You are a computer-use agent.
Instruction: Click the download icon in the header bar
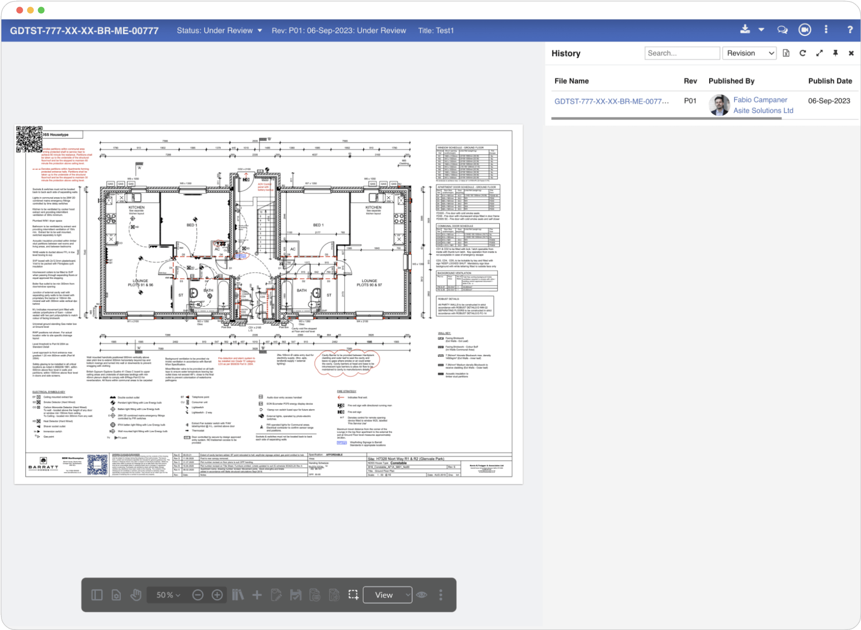pyautogui.click(x=745, y=30)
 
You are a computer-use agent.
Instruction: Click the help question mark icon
pyautogui.click(x=850, y=30)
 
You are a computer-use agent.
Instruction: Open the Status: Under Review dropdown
pyautogui.click(x=220, y=31)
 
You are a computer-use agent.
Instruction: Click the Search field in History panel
pyautogui.click(x=682, y=53)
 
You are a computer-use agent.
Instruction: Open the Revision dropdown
pyautogui.click(x=750, y=53)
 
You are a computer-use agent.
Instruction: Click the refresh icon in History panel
pyautogui.click(x=803, y=53)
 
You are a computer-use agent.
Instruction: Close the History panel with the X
pyautogui.click(x=851, y=53)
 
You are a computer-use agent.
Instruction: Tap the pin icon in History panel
pyautogui.click(x=835, y=53)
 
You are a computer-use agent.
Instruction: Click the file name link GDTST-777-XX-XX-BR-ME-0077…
pyautogui.click(x=611, y=101)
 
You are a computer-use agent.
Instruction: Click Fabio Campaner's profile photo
pyautogui.click(x=719, y=105)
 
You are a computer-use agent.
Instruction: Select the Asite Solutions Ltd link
pyautogui.click(x=763, y=111)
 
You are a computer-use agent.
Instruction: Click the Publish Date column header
pyautogui.click(x=830, y=81)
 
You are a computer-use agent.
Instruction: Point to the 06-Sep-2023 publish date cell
pyautogui.click(x=829, y=101)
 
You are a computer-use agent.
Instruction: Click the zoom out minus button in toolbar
pyautogui.click(x=198, y=595)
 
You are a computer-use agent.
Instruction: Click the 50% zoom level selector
pyautogui.click(x=168, y=595)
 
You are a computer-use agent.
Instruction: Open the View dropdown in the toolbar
pyautogui.click(x=388, y=595)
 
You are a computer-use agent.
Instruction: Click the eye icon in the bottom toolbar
pyautogui.click(x=421, y=595)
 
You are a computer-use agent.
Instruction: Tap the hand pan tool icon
pyautogui.click(x=136, y=595)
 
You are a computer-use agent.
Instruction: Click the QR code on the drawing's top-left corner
pyautogui.click(x=29, y=139)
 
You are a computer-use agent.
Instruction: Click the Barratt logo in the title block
pyautogui.click(x=43, y=464)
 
